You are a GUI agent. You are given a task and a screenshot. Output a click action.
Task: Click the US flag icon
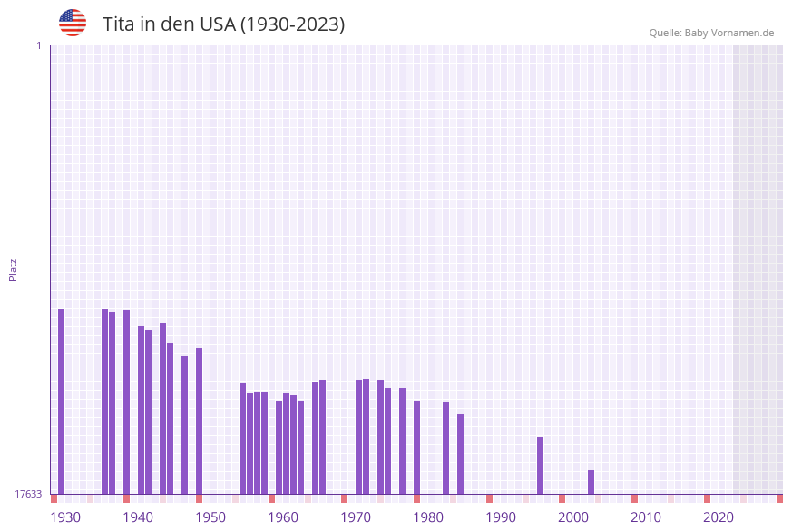73,23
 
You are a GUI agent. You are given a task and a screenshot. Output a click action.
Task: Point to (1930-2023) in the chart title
292,24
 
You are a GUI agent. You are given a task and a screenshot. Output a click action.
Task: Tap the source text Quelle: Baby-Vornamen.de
711,33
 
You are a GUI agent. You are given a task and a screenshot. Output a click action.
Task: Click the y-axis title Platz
14,269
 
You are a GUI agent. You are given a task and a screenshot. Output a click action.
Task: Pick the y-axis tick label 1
38,45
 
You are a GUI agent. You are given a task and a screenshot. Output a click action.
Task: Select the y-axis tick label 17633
28,494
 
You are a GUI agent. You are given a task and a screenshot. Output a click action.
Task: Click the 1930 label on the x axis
65,517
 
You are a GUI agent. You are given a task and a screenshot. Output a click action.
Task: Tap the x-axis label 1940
138,517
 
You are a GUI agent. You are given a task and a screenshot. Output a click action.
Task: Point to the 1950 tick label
210,517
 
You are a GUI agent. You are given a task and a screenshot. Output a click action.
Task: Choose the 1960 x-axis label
283,517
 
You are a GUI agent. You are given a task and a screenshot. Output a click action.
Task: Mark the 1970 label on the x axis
356,517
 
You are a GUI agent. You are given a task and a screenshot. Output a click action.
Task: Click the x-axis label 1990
501,517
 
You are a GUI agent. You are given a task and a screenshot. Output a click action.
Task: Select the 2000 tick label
573,517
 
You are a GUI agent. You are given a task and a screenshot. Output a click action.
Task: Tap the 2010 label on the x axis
646,517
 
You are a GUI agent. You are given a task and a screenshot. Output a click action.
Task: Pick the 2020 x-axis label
719,517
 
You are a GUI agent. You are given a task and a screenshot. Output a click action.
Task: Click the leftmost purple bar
62,401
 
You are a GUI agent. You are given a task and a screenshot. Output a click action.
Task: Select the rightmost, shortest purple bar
591,482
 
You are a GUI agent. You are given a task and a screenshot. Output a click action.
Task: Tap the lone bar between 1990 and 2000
540,465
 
